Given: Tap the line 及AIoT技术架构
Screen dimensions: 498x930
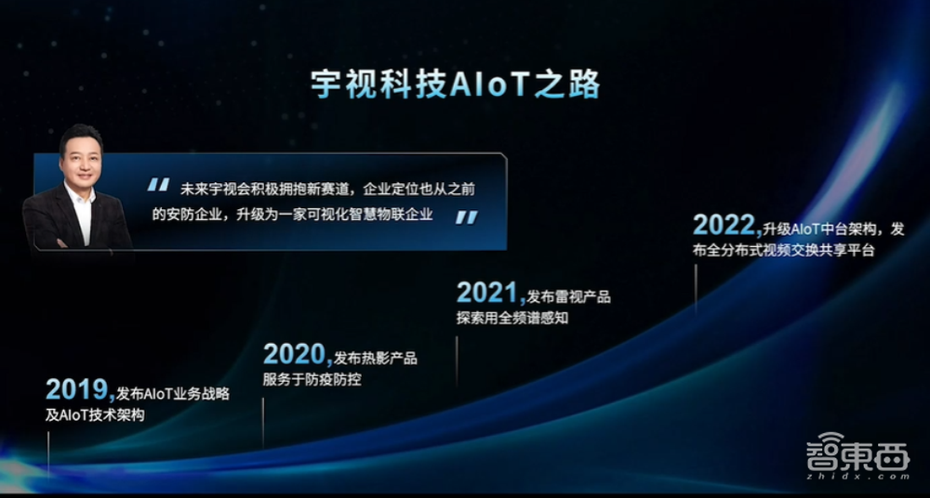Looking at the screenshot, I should click(x=95, y=415).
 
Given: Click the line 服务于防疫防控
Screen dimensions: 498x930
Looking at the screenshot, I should click(x=312, y=379).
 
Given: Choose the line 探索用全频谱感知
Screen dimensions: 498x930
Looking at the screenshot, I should click(x=512, y=319).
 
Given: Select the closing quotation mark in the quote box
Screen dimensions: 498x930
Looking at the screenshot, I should click(x=466, y=216).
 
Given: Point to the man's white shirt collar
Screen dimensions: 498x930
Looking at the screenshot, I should click(x=80, y=198).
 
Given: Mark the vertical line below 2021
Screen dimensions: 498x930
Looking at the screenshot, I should click(x=457, y=358).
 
